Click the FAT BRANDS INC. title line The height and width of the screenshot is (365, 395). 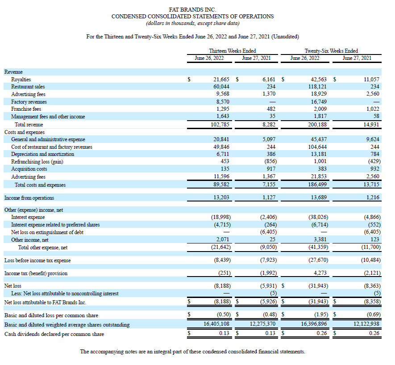(x=192, y=9)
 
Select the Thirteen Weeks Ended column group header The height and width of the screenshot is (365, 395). (x=232, y=50)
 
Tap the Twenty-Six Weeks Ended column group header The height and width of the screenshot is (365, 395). (x=331, y=50)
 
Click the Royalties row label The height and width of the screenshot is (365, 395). (x=21, y=80)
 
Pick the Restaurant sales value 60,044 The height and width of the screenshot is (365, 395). (x=221, y=87)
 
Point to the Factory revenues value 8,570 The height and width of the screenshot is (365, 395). (x=221, y=101)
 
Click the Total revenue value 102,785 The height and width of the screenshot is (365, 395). (x=220, y=124)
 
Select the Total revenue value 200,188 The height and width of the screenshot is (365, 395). (x=317, y=124)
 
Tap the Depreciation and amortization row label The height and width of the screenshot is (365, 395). (x=42, y=154)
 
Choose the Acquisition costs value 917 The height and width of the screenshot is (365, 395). (x=271, y=168)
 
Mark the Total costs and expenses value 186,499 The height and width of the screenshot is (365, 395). (x=317, y=184)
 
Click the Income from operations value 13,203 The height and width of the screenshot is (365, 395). (x=221, y=197)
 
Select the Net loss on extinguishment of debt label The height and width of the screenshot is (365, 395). (x=47, y=232)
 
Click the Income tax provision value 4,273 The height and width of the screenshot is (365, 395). (x=320, y=273)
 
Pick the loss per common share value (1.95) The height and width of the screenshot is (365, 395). (x=321, y=315)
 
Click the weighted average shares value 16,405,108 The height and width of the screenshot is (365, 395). (x=216, y=323)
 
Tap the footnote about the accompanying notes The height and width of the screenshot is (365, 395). (x=193, y=352)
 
